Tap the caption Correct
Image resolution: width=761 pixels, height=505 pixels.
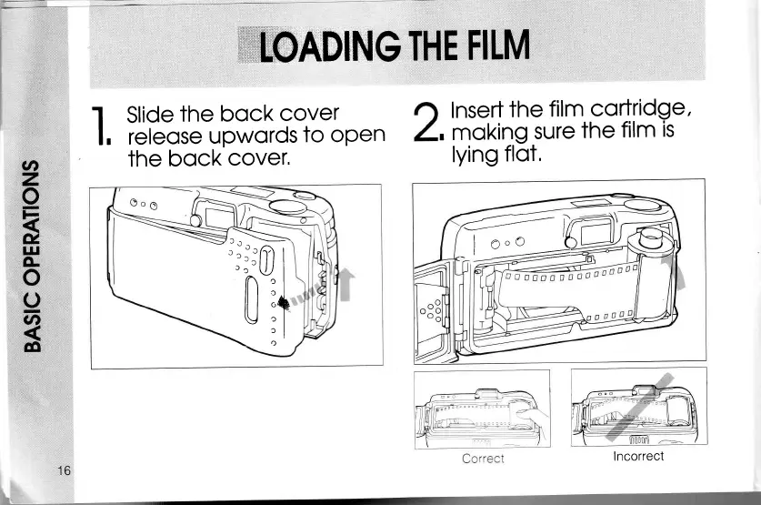(x=483, y=459)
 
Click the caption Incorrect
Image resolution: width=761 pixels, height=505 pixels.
(x=638, y=456)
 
